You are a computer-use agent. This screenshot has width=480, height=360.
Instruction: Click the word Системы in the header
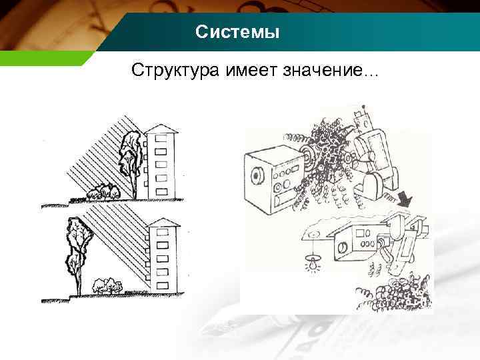click(238, 32)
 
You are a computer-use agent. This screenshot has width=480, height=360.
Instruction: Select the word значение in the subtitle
click(327, 70)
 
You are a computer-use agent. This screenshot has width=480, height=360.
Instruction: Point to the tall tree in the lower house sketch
click(78, 247)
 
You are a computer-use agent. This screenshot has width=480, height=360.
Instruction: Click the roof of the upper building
click(160, 127)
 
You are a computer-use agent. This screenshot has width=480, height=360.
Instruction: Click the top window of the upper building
click(160, 141)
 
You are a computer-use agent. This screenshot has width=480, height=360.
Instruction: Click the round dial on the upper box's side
click(257, 176)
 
